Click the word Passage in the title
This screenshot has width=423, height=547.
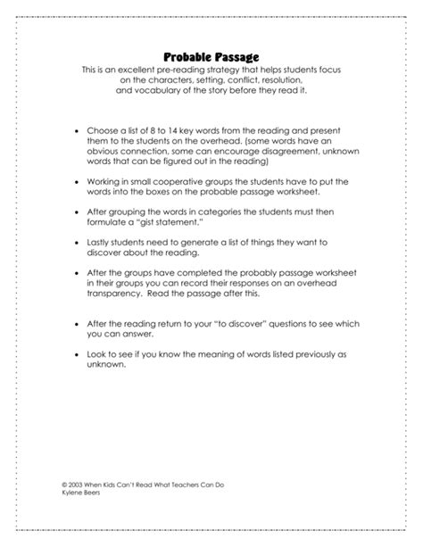click(x=236, y=57)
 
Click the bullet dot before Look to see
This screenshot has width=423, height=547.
click(x=76, y=353)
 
